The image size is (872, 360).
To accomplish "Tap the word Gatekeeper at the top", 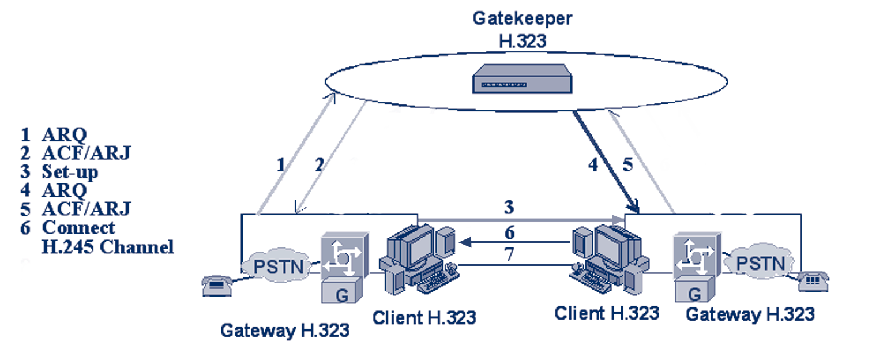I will click(x=523, y=18).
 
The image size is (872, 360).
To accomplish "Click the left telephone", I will click(x=217, y=285).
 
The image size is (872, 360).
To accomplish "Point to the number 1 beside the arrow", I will click(x=281, y=166).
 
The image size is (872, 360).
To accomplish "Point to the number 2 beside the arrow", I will click(x=319, y=166).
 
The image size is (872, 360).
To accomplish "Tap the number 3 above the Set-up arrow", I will click(x=509, y=207).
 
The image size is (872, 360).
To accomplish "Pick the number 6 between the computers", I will click(x=509, y=232).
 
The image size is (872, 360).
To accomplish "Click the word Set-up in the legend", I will click(x=69, y=172).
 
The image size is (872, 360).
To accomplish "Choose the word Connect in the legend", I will click(x=78, y=227).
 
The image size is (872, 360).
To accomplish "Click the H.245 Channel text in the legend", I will click(x=107, y=247).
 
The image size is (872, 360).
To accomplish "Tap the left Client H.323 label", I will click(x=424, y=317).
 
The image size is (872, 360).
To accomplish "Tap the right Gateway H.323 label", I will click(x=750, y=314).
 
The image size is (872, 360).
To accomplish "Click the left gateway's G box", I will click(x=343, y=293).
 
